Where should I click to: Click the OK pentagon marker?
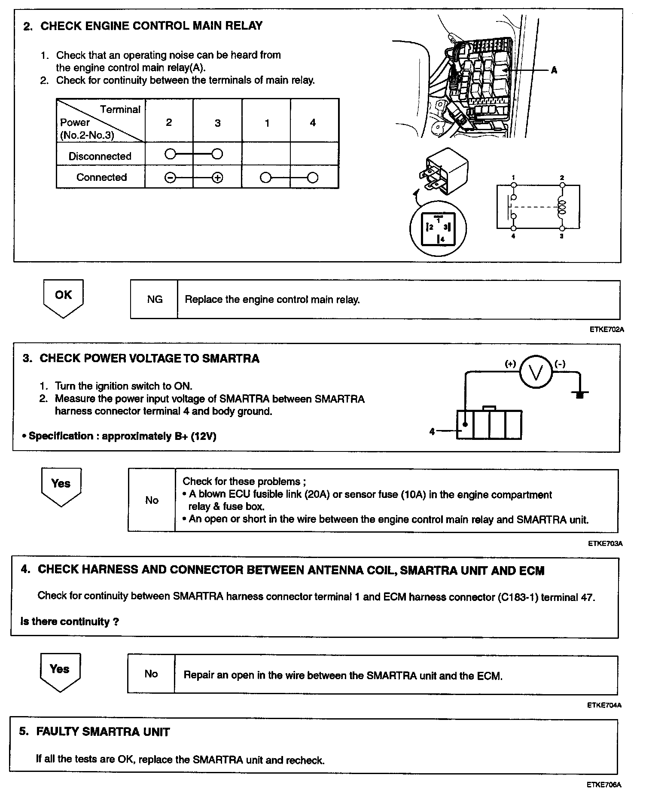[63, 297]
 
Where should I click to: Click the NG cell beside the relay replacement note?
[155, 299]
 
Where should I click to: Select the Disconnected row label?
[100, 156]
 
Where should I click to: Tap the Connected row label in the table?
[101, 177]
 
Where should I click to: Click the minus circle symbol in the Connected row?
[170, 177]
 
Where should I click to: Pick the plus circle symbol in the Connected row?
[217, 177]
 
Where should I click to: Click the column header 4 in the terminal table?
[313, 123]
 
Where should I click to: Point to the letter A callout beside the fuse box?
[554, 70]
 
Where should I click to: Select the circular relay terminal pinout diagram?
[438, 229]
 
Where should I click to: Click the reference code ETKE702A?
[606, 330]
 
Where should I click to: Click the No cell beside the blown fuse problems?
[152, 500]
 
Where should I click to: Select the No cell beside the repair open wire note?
[151, 674]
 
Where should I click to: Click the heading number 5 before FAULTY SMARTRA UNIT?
[24, 731]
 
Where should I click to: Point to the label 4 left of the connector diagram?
[433, 432]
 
